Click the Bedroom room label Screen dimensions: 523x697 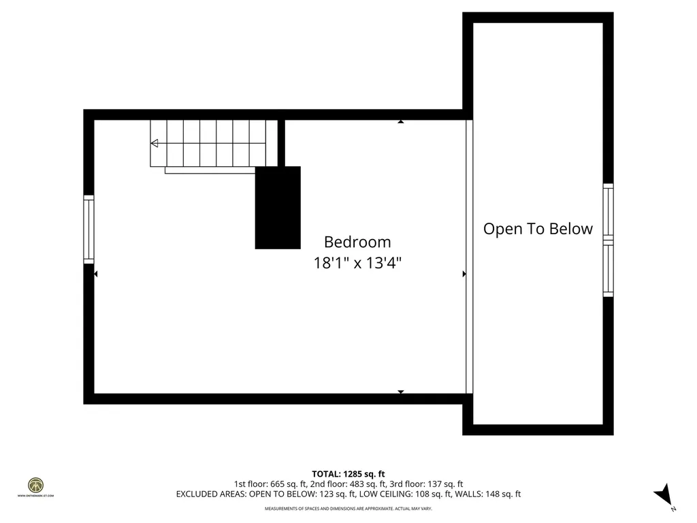tap(357, 242)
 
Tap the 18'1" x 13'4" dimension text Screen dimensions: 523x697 tap(357, 263)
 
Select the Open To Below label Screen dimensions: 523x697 tap(538, 229)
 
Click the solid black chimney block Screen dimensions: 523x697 tap(278, 208)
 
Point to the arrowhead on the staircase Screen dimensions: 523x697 tap(155, 143)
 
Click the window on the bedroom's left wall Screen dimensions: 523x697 tap(88, 229)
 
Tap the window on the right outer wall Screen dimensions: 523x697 tap(608, 240)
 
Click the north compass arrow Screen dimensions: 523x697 tap(664, 495)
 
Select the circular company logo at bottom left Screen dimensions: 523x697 tap(35, 485)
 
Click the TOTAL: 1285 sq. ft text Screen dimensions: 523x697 tap(348, 473)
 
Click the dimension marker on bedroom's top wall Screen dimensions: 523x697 tap(401, 122)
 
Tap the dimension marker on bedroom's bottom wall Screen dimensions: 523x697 tap(401, 392)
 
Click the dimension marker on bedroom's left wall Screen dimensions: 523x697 tap(96, 274)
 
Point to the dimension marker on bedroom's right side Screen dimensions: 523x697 tap(464, 274)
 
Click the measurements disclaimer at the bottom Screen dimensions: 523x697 tap(348, 509)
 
